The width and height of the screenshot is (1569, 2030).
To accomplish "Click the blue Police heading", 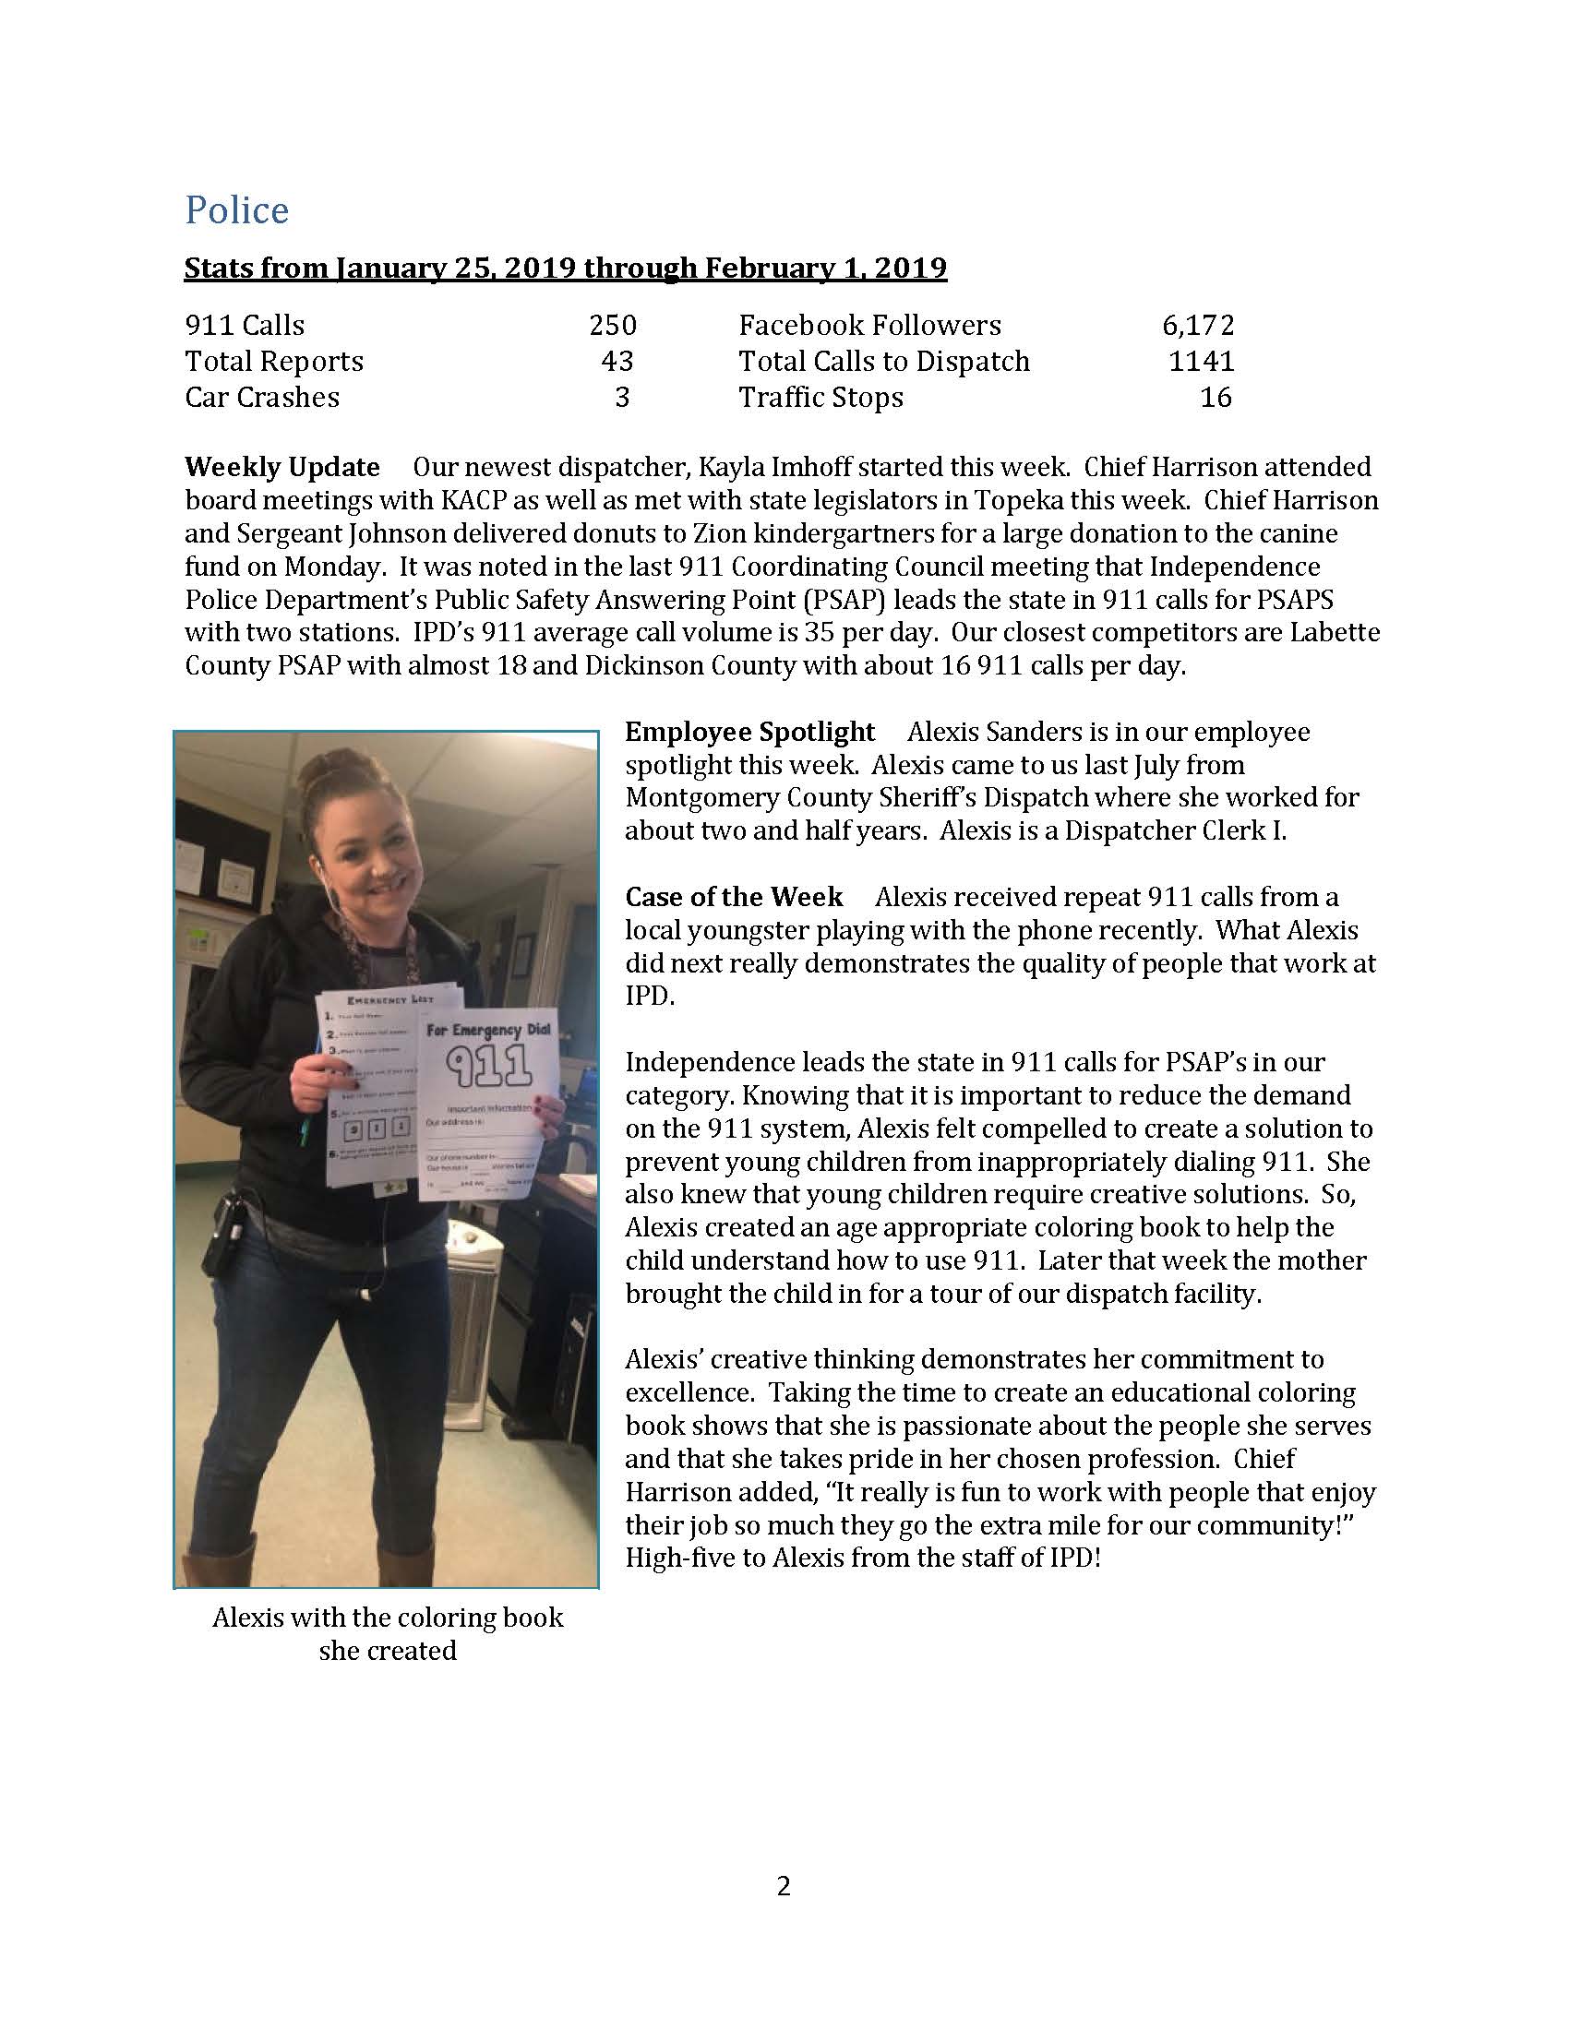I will (237, 210).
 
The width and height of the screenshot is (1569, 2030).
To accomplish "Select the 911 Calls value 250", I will (613, 326).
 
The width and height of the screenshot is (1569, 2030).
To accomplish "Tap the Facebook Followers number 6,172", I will (1198, 326).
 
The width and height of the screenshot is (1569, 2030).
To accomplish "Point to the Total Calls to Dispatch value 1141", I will (1202, 362).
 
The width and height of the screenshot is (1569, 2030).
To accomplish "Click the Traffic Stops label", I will (820, 398).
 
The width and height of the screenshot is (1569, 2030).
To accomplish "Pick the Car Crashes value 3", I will (623, 398).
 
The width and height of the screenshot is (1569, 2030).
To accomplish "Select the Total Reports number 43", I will (617, 362).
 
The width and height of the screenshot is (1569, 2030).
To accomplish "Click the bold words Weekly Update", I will (282, 467).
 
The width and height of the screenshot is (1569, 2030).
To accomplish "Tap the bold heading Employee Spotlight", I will (750, 733).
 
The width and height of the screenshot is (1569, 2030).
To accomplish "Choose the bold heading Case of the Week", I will (735, 897).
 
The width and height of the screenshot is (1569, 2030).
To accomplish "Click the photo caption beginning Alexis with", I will (388, 1618).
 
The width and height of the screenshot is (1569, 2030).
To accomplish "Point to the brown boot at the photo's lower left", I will (218, 1560).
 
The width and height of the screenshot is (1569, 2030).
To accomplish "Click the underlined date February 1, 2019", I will (825, 269).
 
